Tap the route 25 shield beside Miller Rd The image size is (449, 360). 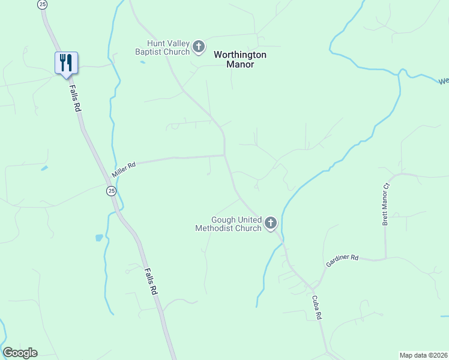[x=111, y=191]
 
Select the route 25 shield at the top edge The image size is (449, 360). [x=41, y=4]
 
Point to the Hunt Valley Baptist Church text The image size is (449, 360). [x=169, y=48]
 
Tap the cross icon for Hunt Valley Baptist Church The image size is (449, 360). [x=199, y=46]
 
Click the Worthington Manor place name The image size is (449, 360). [x=240, y=59]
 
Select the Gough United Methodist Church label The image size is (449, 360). [x=228, y=224]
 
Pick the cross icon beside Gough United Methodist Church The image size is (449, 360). [x=271, y=224]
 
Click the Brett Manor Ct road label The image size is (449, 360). [x=386, y=205]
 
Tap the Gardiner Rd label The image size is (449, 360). [x=342, y=261]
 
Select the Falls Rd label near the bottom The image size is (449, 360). [x=150, y=280]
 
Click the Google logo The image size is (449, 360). [x=20, y=353]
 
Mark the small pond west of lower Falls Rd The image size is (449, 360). [x=99, y=238]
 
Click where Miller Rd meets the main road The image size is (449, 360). [x=225, y=155]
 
